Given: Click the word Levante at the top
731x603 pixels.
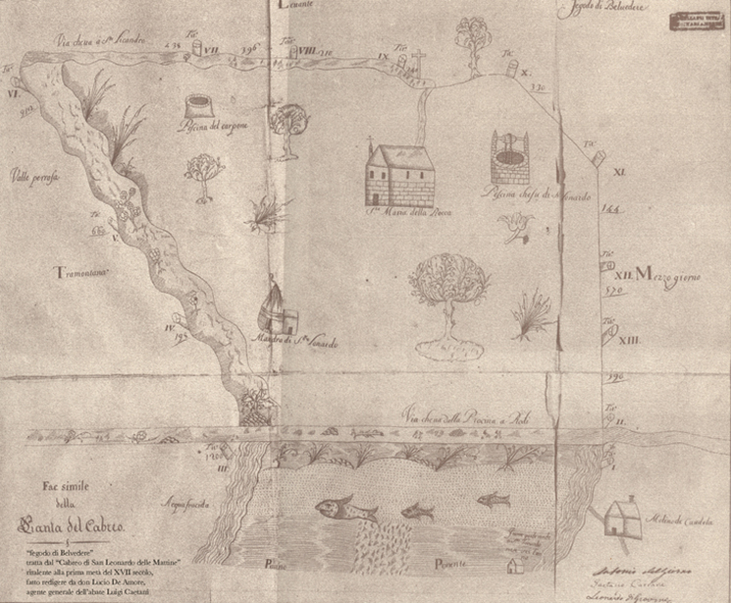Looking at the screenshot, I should click(295, 6).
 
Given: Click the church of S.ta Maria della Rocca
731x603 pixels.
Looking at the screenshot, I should click(399, 175).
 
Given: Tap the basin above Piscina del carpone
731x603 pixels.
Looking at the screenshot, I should click(198, 104).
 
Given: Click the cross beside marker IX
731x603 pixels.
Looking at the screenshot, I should click(416, 59).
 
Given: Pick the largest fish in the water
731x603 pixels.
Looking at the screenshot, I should click(342, 509).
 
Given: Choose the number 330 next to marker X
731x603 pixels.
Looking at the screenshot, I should click(538, 86).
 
